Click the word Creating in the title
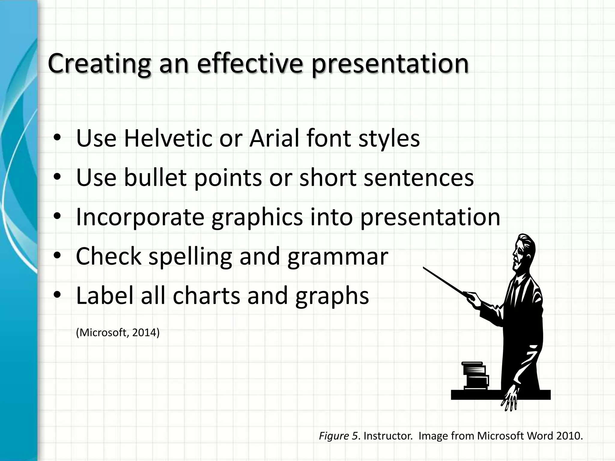[x=99, y=64]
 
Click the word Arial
[x=274, y=138]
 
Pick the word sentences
[x=419, y=178]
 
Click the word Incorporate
[x=140, y=217]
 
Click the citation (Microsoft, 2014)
[x=118, y=333]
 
